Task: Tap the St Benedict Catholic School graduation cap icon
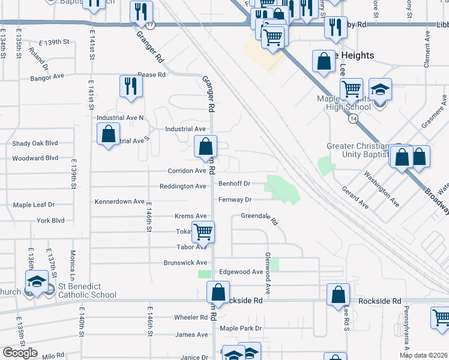(37, 281)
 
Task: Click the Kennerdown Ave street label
(119, 202)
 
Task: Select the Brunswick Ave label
(185, 263)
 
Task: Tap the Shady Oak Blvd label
(35, 143)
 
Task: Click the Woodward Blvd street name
(35, 158)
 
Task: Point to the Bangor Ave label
(47, 77)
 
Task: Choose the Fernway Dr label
(235, 200)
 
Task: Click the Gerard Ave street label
(355, 197)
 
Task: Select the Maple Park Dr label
(241, 328)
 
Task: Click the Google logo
(20, 353)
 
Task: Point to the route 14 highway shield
(351, 119)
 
